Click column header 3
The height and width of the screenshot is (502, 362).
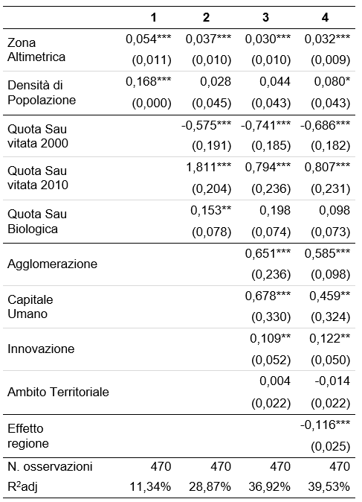[265, 17]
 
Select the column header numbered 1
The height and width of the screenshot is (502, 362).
[154, 17]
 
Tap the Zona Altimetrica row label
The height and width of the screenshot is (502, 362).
[36, 50]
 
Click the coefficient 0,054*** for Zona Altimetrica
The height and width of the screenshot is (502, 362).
[148, 39]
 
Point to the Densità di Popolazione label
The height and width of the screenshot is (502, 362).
[42, 92]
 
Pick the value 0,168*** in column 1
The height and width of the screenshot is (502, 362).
[148, 82]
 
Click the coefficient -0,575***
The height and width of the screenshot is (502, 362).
[206, 125]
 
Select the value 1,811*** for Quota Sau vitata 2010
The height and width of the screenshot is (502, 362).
[209, 167]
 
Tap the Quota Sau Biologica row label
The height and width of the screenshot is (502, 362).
[37, 221]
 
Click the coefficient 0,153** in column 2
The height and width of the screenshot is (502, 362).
[211, 210]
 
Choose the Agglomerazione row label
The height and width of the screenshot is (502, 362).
[52, 264]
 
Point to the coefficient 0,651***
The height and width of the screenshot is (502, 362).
[268, 253]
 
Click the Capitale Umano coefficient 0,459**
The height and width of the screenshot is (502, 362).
[330, 296]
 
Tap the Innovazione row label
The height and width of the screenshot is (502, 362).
[41, 349]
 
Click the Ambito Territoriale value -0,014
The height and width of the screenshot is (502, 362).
[332, 381]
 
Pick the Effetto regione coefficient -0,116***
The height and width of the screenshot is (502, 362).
[326, 425]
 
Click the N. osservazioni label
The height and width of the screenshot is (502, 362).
[50, 466]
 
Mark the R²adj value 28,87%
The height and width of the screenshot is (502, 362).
[210, 487]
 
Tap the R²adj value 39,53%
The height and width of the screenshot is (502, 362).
[329, 487]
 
